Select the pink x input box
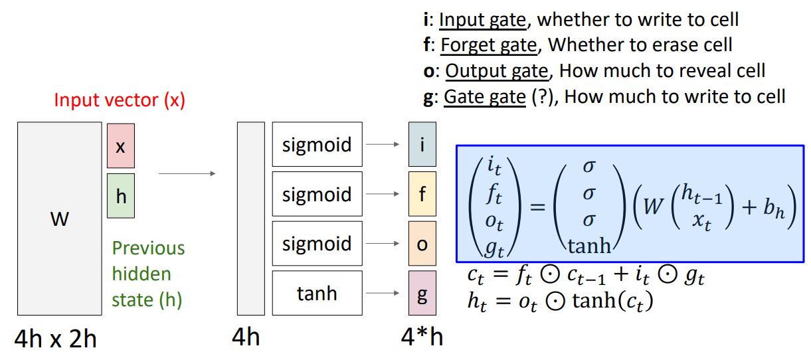120,145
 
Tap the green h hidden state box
120,196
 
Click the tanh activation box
317,293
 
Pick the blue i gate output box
422,144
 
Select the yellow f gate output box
422,194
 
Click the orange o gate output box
422,244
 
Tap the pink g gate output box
422,293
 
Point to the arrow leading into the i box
385,144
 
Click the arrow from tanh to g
385,293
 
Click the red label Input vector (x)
120,100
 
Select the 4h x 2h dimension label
56,339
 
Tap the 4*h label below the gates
422,337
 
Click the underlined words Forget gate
488,45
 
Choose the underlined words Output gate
497,71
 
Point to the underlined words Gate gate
484,97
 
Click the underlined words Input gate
483,19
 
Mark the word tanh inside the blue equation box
588,246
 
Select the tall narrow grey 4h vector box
251,219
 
